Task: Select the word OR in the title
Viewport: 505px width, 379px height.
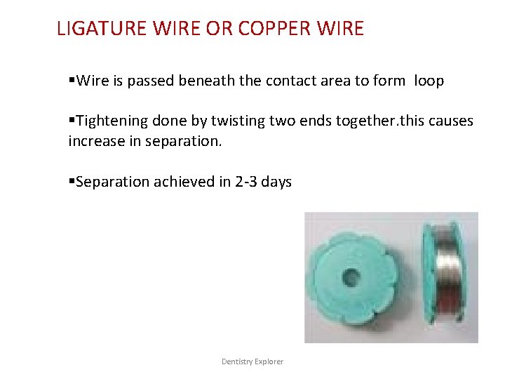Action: click(219, 29)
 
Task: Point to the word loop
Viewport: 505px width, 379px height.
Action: click(429, 81)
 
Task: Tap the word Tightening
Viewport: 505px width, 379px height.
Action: click(115, 121)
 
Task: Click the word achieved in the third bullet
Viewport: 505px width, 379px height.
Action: click(181, 182)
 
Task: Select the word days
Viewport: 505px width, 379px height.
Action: click(278, 182)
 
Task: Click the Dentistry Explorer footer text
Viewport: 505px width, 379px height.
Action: click(252, 361)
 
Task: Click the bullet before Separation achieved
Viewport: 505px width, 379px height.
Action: click(72, 182)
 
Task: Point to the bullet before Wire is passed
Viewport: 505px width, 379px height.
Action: click(72, 81)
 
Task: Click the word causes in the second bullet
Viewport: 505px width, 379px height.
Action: click(449, 121)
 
